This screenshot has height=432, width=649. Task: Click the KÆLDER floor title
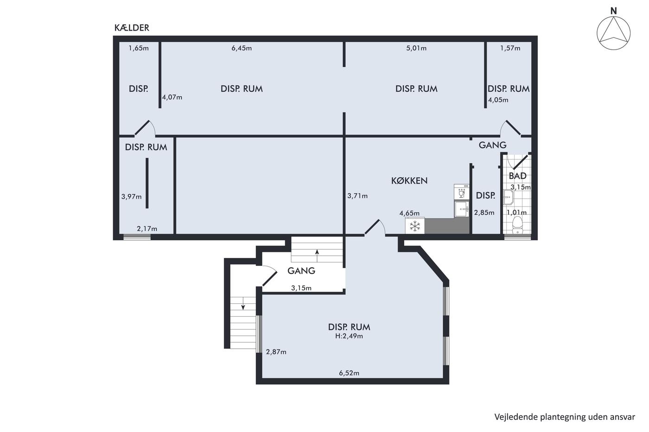[x=132, y=28]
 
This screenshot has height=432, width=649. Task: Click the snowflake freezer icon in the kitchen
[x=415, y=226]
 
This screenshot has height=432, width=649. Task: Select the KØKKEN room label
[x=409, y=181]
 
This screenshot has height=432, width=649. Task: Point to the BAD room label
[x=517, y=175]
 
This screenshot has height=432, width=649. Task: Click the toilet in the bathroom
[x=517, y=225]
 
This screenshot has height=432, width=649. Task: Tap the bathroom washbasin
[x=509, y=197]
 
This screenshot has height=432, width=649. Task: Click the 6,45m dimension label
[x=242, y=48]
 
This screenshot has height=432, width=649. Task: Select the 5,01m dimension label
[x=416, y=48]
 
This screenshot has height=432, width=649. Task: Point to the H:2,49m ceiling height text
[x=349, y=336]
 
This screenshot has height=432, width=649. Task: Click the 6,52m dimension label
[x=349, y=373]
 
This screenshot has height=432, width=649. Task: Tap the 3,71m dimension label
[x=357, y=196]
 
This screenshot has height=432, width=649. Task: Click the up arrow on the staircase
[x=317, y=256]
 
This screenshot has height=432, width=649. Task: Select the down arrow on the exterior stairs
[x=243, y=303]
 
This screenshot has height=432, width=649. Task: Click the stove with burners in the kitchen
[x=462, y=192]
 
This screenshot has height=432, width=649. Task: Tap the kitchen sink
[x=462, y=209]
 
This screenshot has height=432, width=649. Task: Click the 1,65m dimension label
[x=139, y=48]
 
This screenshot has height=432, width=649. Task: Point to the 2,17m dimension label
[x=147, y=229]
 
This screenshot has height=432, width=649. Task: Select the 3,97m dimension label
[x=131, y=197]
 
